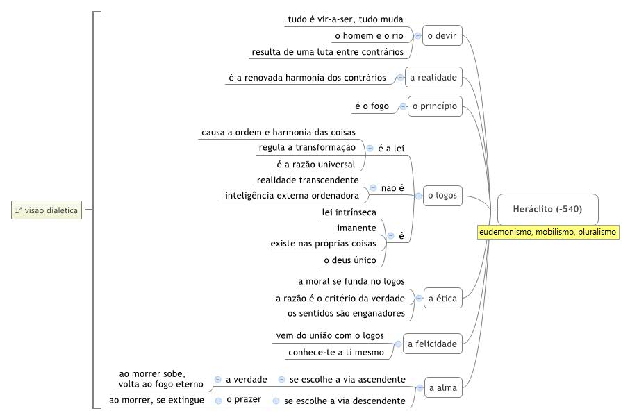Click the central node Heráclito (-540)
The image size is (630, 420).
click(547, 209)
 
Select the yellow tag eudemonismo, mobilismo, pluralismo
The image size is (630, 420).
click(548, 232)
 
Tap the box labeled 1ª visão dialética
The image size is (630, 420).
click(47, 210)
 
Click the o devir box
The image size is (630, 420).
click(442, 35)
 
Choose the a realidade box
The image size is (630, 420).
click(433, 77)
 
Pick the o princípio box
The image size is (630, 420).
click(435, 106)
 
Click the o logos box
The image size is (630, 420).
click(442, 196)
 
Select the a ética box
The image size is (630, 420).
click(442, 299)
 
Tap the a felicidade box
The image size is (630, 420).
click(432, 344)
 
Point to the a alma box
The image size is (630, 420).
click(443, 387)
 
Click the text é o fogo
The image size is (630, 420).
click(372, 106)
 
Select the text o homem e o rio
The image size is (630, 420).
click(370, 35)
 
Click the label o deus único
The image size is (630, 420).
click(350, 260)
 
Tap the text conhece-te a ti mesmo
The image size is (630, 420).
click(336, 353)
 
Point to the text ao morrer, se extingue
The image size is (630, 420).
click(157, 401)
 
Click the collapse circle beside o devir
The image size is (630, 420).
click(417, 35)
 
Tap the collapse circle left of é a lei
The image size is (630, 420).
click(370, 148)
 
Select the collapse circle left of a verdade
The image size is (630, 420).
click(218, 379)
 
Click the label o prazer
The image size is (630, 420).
click(244, 400)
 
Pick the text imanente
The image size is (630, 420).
click(357, 228)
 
